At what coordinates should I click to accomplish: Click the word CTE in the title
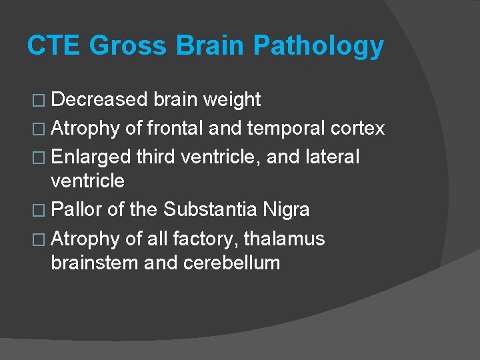pos(53,46)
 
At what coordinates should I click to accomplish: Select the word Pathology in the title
pos(319,46)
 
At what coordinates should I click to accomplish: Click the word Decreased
pos(99,100)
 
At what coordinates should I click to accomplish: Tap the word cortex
pos(361,127)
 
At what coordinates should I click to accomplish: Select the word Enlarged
pos(90,157)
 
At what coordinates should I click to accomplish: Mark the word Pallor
pos(77,210)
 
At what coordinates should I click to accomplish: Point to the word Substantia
pos(210,210)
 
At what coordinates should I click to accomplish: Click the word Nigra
pos(287,210)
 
